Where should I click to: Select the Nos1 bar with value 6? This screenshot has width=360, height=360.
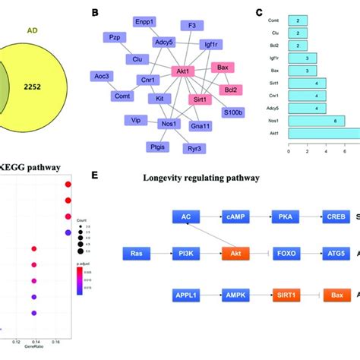pos(316,121)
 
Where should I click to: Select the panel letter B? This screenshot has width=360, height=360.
pos(115,13)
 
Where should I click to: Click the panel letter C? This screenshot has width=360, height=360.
pos(260,13)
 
